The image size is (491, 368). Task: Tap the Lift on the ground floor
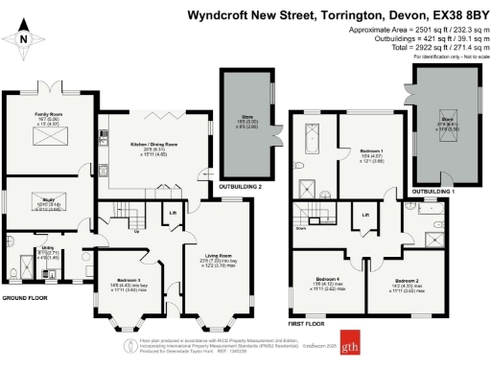tap(174, 213)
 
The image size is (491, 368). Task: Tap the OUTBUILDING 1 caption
tap(437, 191)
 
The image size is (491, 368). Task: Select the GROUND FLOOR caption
tap(26, 298)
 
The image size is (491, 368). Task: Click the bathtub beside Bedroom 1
tap(312, 143)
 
